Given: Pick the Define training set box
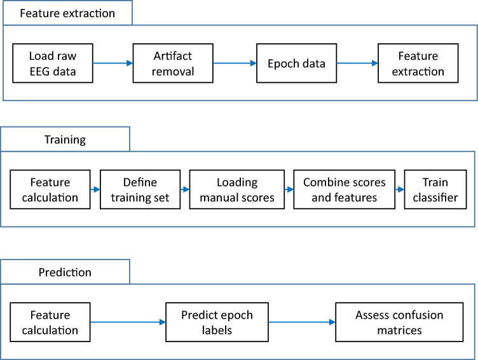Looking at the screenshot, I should (139, 190).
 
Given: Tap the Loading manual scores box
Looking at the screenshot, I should (236, 190).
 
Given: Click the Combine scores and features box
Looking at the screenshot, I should (345, 190).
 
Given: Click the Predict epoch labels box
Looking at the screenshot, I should (217, 322).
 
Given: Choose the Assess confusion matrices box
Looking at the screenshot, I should (399, 322).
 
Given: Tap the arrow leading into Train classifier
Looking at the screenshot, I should (399, 190).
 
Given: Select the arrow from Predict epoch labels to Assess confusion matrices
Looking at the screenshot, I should (303, 322).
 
